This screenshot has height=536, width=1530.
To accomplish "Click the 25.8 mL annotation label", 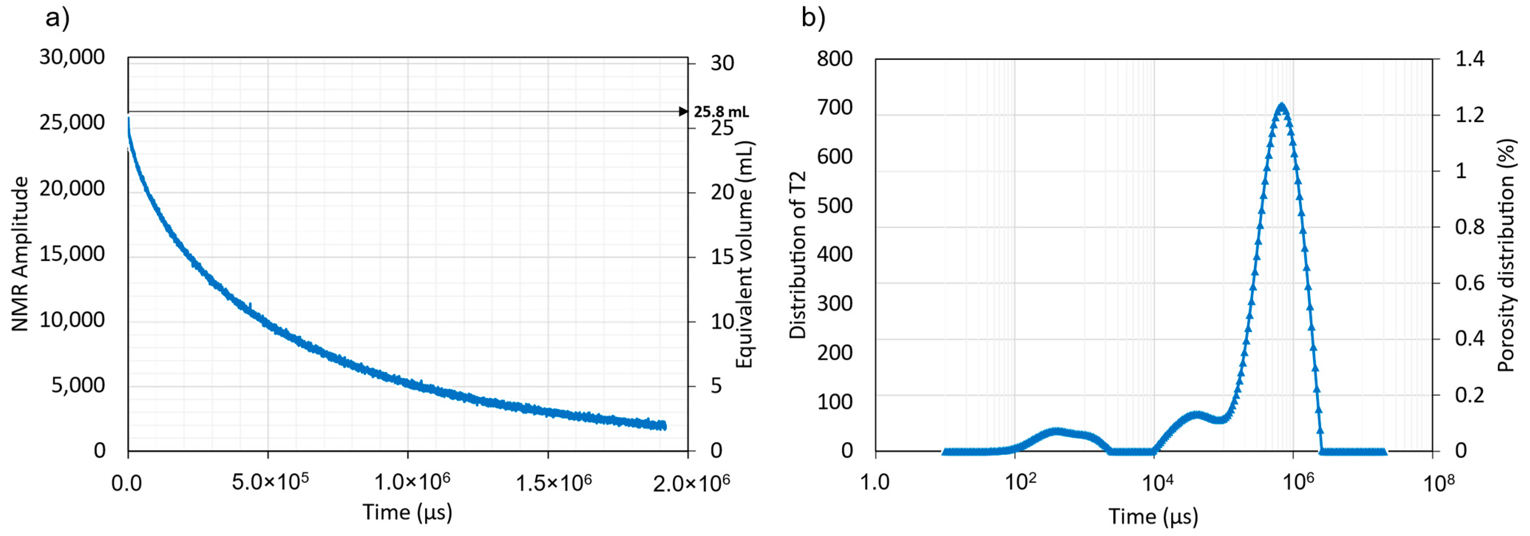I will (721, 112).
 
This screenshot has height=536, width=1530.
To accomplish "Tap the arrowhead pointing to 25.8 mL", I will (683, 112).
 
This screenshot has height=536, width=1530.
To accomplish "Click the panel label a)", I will (58, 18).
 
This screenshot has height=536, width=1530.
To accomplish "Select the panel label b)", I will (813, 18).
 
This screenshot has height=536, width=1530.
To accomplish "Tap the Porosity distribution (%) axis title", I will (1506, 255).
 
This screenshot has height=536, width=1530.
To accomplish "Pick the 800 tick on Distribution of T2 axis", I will (834, 58).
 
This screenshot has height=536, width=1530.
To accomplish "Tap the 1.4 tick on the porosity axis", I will (1469, 58).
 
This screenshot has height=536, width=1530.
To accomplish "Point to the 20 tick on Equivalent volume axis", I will (722, 192).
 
